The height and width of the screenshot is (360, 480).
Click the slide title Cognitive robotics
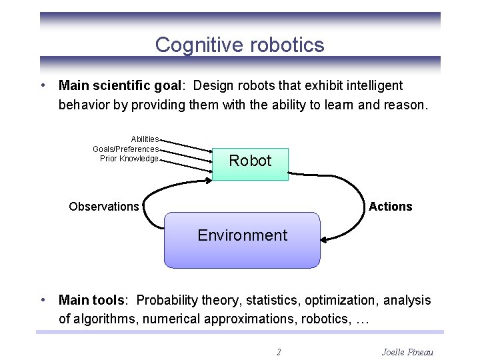pos(239,45)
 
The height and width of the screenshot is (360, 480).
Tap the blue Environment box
pos(242,239)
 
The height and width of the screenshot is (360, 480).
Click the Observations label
pos(104,207)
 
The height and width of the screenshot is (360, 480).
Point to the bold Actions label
pos(390,207)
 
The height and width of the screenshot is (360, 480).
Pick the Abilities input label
pos(145,139)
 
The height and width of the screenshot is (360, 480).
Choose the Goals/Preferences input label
pos(125,149)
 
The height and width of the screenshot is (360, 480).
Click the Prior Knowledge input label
pos(129,159)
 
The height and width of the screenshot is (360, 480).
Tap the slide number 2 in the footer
pos(279,351)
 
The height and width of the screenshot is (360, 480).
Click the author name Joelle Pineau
pos(407,351)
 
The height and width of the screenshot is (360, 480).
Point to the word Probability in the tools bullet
pos(166,301)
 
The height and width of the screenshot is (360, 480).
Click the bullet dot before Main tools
pos(43,301)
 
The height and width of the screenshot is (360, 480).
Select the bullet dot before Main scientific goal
pos(43,85)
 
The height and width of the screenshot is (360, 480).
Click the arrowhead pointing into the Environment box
pos(325,238)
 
